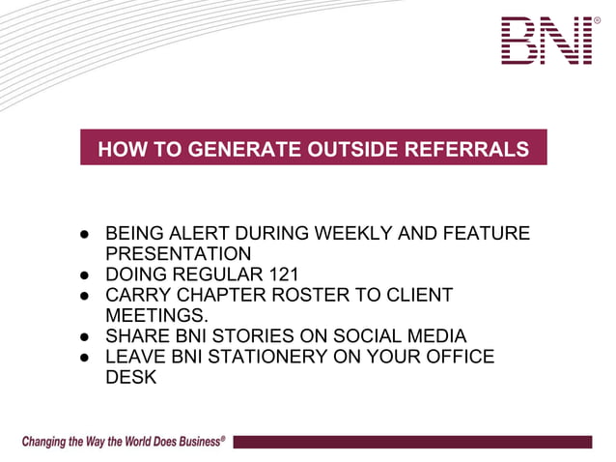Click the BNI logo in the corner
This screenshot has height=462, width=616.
click(546, 40)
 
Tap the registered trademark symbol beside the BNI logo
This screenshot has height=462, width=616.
click(597, 20)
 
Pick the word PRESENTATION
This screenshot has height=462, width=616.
click(178, 253)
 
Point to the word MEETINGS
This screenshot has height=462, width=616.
click(154, 315)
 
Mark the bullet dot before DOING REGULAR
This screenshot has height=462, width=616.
click(86, 274)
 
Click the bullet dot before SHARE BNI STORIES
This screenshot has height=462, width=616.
click(86, 336)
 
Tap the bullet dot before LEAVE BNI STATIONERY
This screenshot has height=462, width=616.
click(86, 358)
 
